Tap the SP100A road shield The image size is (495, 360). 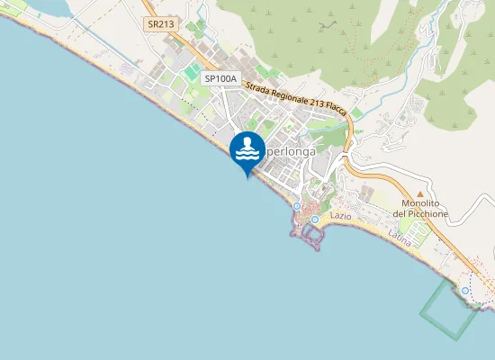220,79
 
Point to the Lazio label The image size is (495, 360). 340,217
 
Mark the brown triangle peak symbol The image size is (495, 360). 419,193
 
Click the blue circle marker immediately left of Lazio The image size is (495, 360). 314,219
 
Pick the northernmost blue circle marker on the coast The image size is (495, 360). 296,206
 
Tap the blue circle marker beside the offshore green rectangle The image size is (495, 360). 464,291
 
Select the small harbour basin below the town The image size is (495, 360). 312,235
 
